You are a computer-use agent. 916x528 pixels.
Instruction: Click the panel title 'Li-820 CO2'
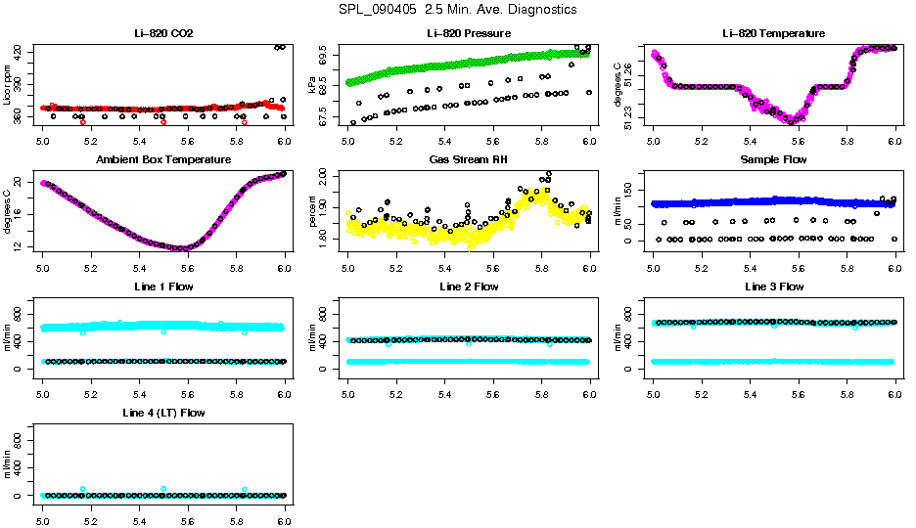pos(163,33)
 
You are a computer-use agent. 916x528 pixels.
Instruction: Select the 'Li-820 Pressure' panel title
pos(469,33)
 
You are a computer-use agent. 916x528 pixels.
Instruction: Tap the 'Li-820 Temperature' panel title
pos(773,33)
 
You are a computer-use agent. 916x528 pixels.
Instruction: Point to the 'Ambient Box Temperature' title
pos(163,159)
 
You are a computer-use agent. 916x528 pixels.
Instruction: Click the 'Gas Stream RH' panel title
pos(469,159)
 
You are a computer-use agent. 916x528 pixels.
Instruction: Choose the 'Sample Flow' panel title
pos(773,159)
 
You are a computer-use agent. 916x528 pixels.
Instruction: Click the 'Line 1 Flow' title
pos(163,286)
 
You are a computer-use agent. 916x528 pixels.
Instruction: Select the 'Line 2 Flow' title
pos(469,286)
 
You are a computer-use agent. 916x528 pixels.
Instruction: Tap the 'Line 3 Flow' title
pos(773,286)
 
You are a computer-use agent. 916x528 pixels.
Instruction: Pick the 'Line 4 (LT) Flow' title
pos(163,413)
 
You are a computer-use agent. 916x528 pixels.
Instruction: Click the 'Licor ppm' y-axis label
pos(8,86)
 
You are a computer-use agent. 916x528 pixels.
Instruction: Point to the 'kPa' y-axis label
pos(313,86)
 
